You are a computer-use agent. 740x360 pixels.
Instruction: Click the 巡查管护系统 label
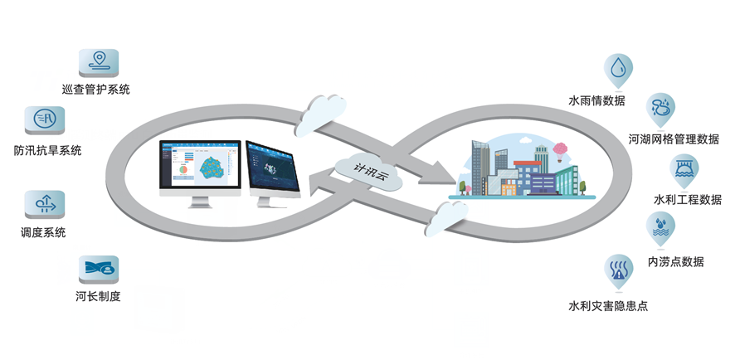(x=95, y=89)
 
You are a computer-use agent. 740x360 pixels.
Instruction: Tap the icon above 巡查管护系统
(x=98, y=61)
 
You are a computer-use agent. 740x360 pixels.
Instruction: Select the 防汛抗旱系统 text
(x=47, y=150)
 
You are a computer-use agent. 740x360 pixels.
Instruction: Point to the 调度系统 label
(x=43, y=233)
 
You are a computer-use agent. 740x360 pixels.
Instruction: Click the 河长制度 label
(x=98, y=296)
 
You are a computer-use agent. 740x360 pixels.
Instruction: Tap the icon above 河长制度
(x=99, y=268)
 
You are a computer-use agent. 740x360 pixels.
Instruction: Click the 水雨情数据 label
(x=596, y=101)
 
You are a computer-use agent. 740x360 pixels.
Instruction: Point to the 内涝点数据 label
(x=675, y=261)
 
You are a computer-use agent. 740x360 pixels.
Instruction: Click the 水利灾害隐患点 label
(x=607, y=306)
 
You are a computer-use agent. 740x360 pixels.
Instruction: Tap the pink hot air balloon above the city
(x=561, y=150)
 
